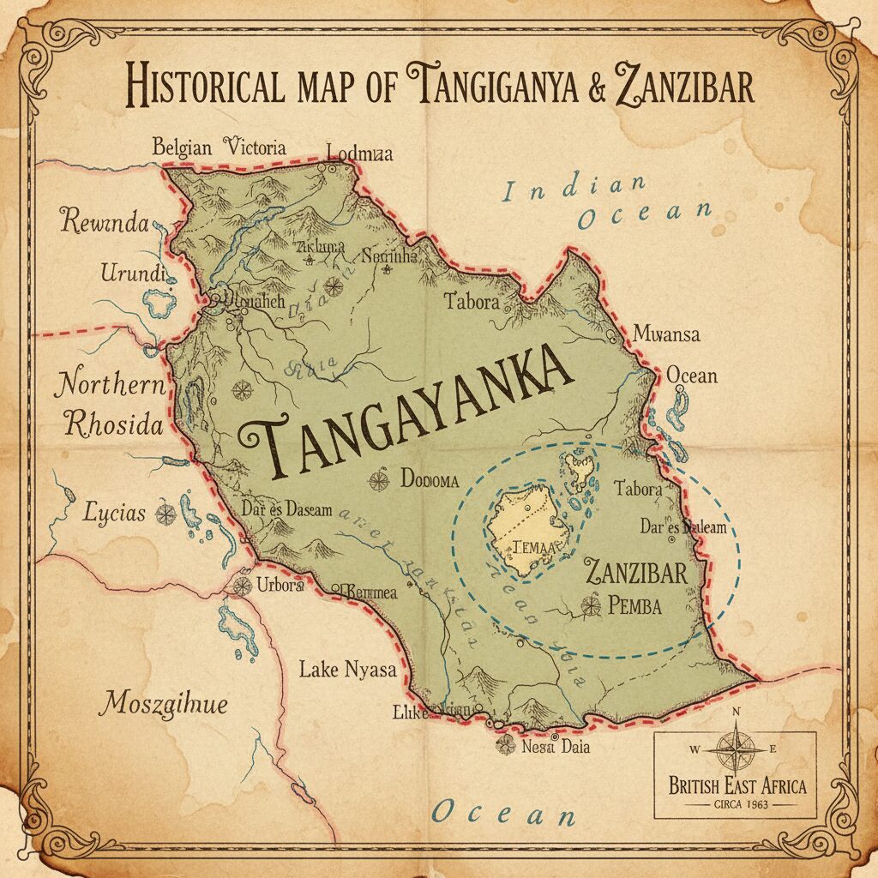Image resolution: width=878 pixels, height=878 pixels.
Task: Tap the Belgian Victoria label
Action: [x=219, y=147]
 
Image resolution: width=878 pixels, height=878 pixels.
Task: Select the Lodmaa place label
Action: [x=359, y=153]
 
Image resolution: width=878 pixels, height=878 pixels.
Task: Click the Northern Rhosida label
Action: [x=110, y=403]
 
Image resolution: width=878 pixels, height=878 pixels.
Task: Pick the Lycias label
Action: [x=114, y=514]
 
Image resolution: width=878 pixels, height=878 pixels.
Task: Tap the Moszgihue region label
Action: [x=163, y=704]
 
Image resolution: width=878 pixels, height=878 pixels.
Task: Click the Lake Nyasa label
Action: [x=348, y=670]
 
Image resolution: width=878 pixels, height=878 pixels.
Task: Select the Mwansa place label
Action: [x=665, y=334]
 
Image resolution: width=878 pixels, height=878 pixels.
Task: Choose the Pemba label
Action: [x=634, y=606]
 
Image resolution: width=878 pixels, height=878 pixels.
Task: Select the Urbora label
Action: [x=280, y=586]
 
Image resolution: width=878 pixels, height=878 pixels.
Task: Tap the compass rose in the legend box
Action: [x=735, y=748]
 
